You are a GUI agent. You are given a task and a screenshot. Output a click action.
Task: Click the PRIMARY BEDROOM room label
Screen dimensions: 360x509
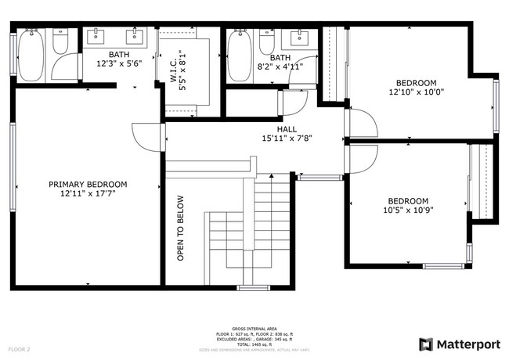[88, 185]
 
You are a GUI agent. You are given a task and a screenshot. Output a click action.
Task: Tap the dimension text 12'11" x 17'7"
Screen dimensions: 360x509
[88, 194]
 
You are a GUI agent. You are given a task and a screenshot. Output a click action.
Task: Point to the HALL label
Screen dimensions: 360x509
[286, 128]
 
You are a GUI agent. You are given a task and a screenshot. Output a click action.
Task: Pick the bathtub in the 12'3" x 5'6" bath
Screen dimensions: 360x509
[32, 56]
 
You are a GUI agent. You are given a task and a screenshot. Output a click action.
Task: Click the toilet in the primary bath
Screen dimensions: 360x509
[62, 42]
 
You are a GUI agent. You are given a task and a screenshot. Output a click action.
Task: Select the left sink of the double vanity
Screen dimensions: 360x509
[98, 34]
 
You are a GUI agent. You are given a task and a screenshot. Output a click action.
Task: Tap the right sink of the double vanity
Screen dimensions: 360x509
[134, 34]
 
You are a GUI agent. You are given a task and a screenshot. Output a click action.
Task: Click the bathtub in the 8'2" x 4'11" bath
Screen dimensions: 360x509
[238, 56]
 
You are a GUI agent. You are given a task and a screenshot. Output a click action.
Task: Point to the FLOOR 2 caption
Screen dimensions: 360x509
[19, 349]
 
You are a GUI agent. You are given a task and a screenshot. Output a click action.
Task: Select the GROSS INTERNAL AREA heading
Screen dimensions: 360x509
[254, 328]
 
